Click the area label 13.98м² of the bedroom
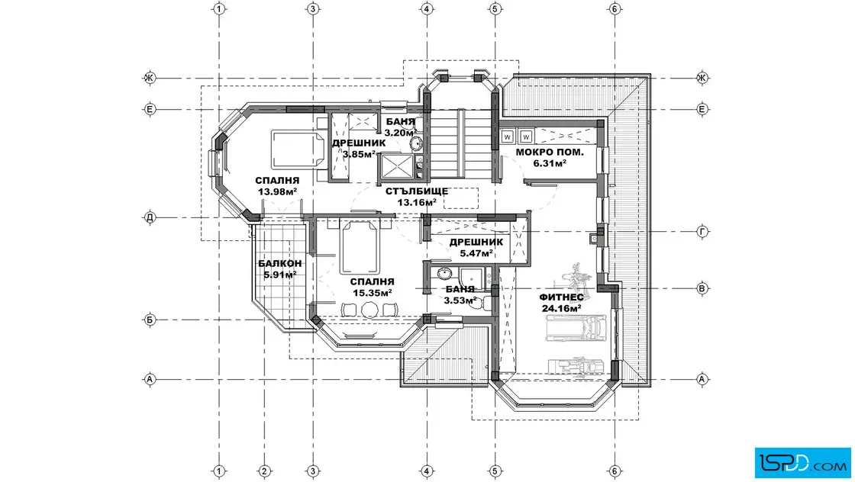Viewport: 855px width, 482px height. [277, 191]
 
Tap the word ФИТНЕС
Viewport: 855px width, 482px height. [561, 297]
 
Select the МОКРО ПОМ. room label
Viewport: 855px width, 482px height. [550, 153]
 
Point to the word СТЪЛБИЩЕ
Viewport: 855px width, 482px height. [417, 191]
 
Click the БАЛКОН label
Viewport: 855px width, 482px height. [279, 264]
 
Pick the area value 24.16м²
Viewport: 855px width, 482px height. [561, 308]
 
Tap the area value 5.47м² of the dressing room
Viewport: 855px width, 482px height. [476, 253]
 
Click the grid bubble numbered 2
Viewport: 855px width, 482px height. [264, 471]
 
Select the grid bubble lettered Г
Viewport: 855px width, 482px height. [703, 232]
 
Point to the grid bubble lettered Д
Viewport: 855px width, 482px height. [150, 218]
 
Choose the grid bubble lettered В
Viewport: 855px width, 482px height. [703, 288]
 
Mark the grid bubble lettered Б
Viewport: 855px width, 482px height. [150, 320]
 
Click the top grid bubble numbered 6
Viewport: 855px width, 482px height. [615, 8]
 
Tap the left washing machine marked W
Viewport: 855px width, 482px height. [507, 137]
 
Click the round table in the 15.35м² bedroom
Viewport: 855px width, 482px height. [369, 310]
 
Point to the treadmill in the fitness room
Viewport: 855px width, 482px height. [576, 328]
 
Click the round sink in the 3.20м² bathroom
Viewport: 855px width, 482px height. [415, 144]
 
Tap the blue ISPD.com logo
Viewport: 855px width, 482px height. [802, 463]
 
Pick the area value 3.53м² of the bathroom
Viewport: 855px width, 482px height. [460, 300]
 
